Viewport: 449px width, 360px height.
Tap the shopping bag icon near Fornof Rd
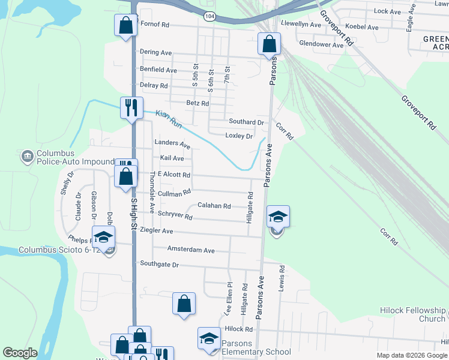[x=125, y=25]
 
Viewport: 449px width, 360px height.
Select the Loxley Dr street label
[x=238, y=136]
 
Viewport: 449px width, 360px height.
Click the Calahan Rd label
[x=214, y=206]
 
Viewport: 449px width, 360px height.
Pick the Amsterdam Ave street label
[x=191, y=250]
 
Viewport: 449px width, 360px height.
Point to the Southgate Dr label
[x=159, y=264]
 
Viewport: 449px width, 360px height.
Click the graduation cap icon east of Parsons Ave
[x=278, y=217]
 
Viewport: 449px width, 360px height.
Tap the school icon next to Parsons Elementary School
[x=209, y=337]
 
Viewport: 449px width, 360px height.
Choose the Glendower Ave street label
[x=321, y=44]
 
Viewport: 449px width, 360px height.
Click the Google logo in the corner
[x=20, y=353]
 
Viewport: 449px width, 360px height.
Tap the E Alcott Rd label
[x=173, y=175]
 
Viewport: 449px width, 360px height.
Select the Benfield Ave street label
[x=158, y=70]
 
